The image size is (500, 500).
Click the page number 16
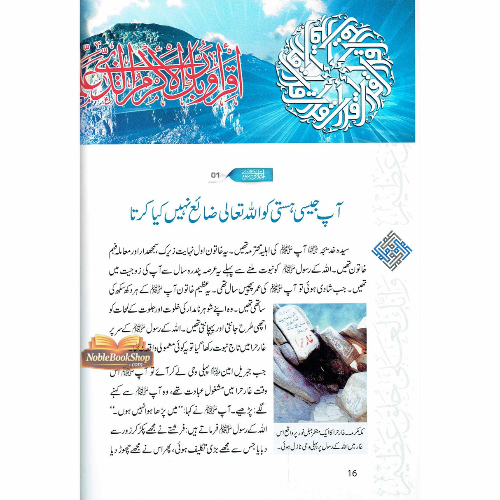[x=352, y=473]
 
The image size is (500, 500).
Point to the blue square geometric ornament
[x=386, y=250]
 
